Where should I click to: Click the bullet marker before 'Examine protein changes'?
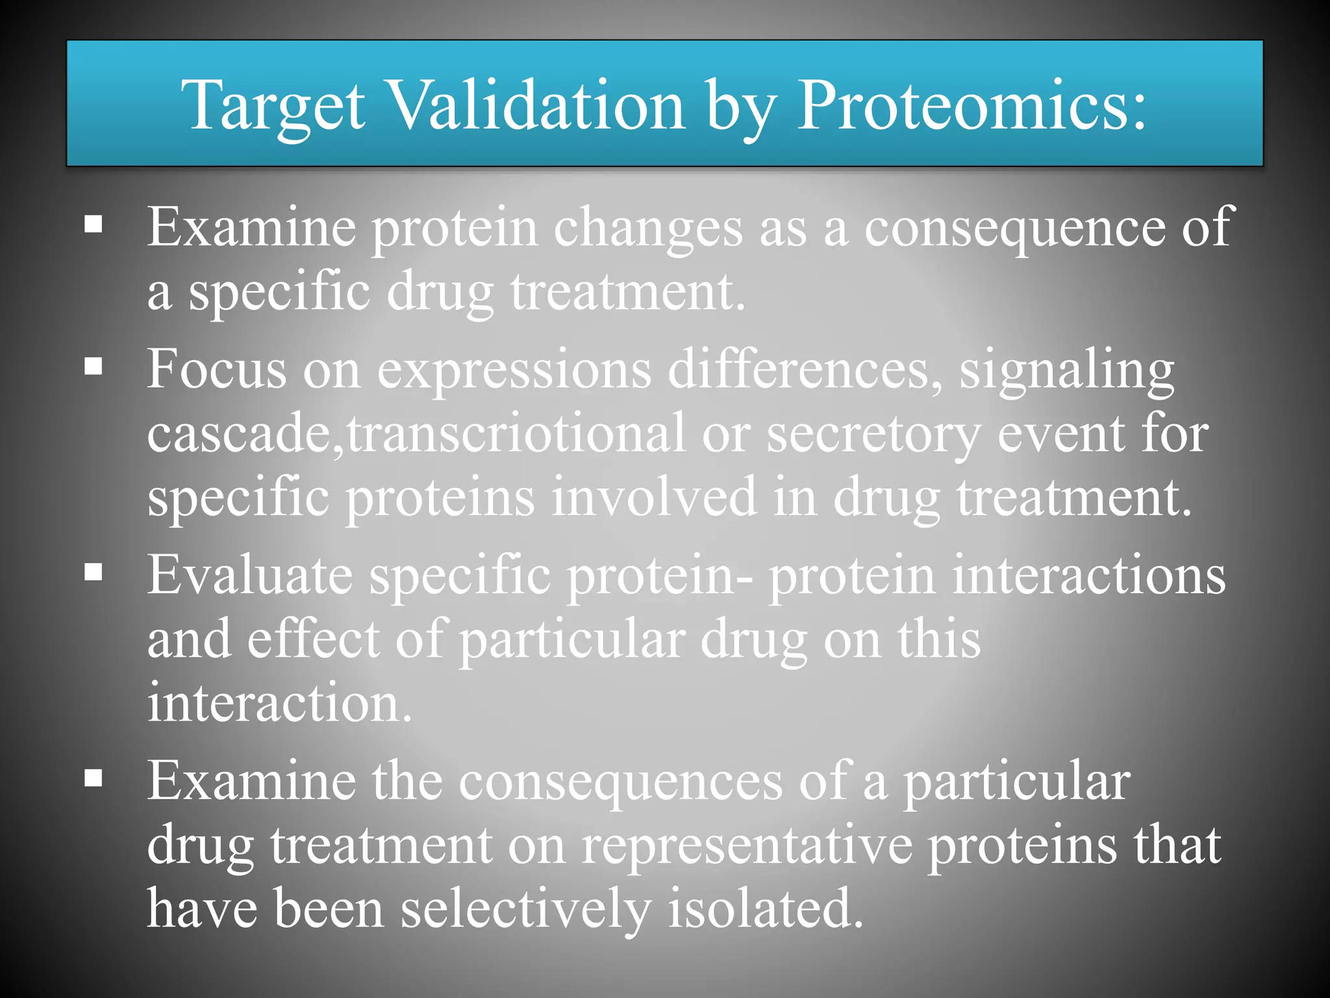coord(94,225)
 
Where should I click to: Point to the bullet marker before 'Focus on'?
coord(94,366)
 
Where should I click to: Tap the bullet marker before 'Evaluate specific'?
coord(94,572)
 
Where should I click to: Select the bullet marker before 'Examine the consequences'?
coord(94,778)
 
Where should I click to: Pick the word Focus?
coord(216,369)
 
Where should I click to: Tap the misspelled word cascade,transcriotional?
coord(416,434)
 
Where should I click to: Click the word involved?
coord(654,497)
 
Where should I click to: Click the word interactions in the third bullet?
coord(1088,575)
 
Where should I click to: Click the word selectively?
coord(525,910)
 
